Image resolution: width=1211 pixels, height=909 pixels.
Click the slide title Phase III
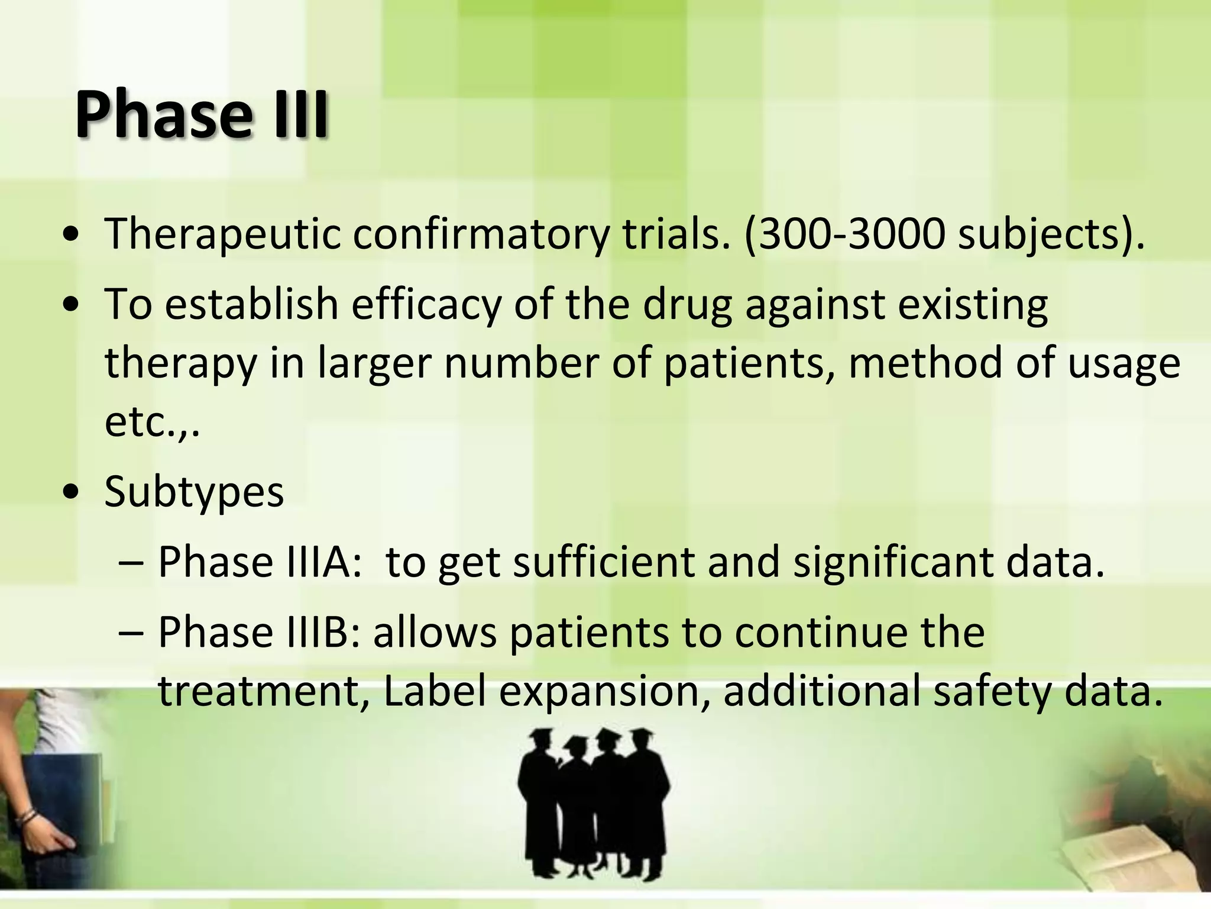[201, 114]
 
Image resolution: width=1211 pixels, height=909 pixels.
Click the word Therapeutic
[222, 234]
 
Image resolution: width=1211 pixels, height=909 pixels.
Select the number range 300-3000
[851, 234]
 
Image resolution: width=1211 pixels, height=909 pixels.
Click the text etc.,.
[151, 423]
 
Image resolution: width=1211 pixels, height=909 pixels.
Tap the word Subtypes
[194, 492]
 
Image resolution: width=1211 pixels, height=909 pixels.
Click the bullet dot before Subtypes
[71, 493]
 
